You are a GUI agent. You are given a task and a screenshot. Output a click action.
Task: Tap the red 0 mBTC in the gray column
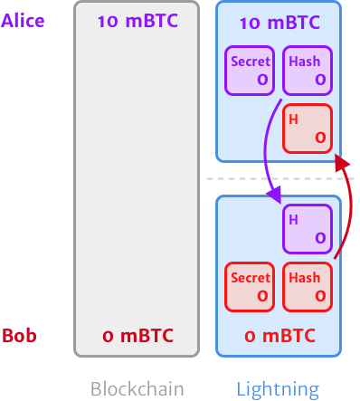point(136,337)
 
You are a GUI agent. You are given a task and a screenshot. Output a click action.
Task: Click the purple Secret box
point(251,71)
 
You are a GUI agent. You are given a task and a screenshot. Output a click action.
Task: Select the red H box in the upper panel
point(306,128)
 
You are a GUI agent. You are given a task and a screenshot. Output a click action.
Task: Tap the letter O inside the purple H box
point(319,238)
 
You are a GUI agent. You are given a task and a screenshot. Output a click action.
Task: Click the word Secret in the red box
point(251,277)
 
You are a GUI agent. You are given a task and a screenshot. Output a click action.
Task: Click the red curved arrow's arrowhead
point(339,162)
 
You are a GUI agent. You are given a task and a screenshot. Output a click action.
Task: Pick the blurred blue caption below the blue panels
point(278,388)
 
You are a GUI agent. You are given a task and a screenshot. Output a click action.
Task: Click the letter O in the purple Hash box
point(319,81)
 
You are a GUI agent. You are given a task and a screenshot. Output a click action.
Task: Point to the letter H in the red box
point(292,119)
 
